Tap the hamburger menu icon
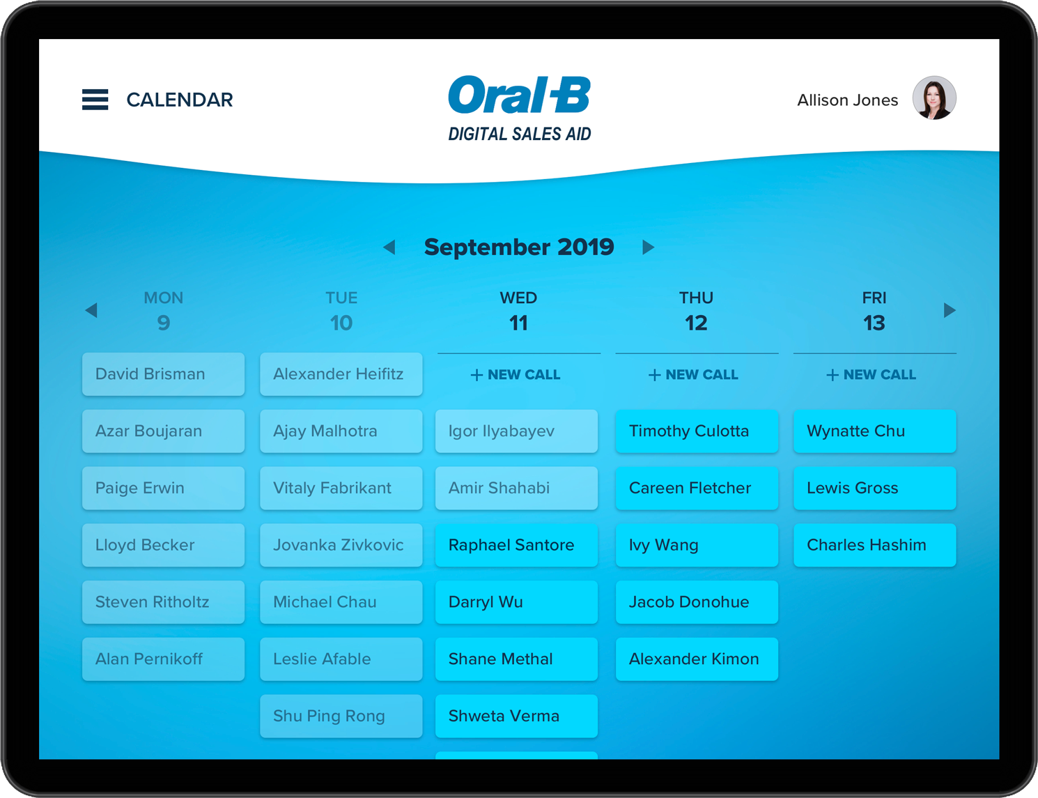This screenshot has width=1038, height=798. click(95, 100)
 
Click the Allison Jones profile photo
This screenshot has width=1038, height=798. click(934, 98)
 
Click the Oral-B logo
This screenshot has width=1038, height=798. click(519, 95)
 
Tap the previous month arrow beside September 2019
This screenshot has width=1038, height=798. click(389, 247)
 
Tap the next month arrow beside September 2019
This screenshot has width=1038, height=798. click(648, 247)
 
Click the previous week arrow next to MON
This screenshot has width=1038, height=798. click(91, 310)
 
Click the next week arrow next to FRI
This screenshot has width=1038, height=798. click(950, 310)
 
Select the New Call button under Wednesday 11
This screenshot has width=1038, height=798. click(516, 375)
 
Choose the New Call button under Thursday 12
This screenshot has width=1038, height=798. click(694, 375)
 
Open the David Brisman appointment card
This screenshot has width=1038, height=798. click(164, 374)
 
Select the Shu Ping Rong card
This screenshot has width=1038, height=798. click(341, 716)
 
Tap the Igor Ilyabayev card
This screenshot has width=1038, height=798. click(516, 431)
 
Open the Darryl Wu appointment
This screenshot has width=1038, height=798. click(516, 602)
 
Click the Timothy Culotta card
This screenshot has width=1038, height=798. click(697, 431)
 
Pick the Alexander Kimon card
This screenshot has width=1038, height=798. click(697, 659)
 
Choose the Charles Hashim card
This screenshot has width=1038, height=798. click(874, 545)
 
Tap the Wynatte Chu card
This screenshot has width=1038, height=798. click(874, 431)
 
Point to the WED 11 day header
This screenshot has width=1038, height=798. click(519, 312)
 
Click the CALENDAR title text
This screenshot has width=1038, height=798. click(180, 100)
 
